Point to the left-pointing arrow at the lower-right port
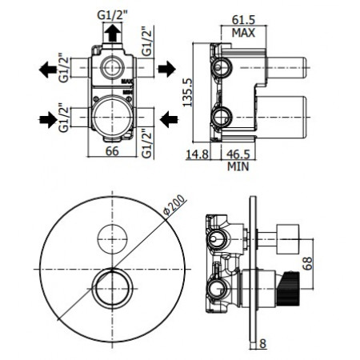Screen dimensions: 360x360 168,119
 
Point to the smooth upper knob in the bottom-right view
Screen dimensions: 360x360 287,235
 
